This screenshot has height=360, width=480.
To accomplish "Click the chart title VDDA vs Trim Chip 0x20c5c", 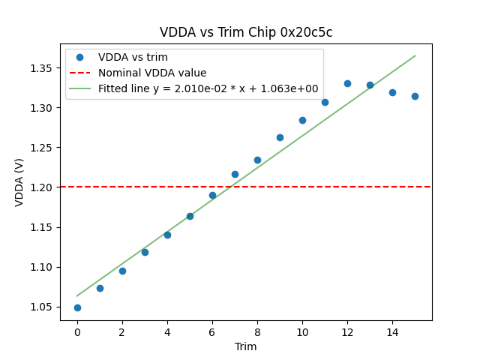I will coord(246,32).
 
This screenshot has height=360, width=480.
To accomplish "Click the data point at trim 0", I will coord(77,307).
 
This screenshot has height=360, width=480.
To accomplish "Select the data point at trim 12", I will coord(347,83).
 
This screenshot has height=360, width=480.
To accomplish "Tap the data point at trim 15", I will coord(415,96).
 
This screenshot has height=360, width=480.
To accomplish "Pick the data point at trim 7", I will coord(235,174).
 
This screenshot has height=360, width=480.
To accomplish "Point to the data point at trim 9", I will coord(280,137).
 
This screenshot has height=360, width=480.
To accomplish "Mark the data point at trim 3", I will coord(145,252).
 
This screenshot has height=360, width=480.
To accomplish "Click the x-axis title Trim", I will coord(246,346).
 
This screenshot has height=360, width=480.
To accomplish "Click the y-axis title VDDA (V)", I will coord(20,182).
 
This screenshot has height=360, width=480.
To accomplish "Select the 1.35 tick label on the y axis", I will coord(43,68).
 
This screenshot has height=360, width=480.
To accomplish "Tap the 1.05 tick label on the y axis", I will coord(43,307).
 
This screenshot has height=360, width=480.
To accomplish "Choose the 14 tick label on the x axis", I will coord(392,332).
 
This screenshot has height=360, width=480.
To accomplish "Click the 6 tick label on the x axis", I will coord(212,332).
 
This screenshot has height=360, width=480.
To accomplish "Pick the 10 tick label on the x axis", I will coord(302,332).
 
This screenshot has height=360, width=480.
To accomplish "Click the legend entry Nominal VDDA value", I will coord(152,73).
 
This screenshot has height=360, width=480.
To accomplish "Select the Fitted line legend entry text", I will coord(208,88).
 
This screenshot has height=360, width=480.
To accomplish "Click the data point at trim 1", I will coord(100,288).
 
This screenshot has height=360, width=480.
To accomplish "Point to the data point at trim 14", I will coord(392,92).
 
